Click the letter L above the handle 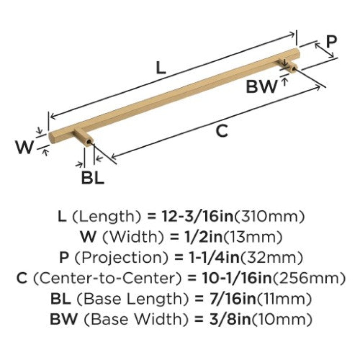pyautogui.click(x=161, y=67)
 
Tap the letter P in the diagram pyautogui.click(x=331, y=41)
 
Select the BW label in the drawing pyautogui.click(x=261, y=86)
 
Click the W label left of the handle pyautogui.click(x=25, y=147)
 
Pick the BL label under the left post pyautogui.click(x=93, y=178)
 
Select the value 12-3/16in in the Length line pyautogui.click(x=198, y=216)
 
